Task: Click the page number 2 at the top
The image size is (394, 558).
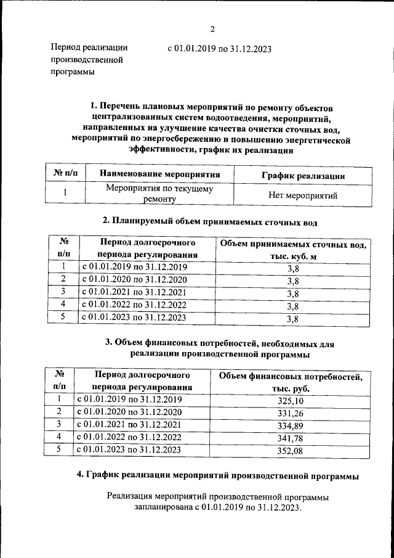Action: pyautogui.click(x=212, y=29)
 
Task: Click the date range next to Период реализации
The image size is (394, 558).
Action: pyautogui.click(x=219, y=49)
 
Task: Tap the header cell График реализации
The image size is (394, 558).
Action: pyautogui.click(x=302, y=176)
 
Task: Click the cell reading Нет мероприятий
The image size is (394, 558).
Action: pyautogui.click(x=302, y=196)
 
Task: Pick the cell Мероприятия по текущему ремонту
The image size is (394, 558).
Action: pyautogui.click(x=159, y=194)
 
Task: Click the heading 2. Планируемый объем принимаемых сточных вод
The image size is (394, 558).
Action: pyautogui.click(x=209, y=221)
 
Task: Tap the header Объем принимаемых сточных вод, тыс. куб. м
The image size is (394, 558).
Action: pyautogui.click(x=292, y=250)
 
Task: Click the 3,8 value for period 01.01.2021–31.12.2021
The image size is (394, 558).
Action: pyautogui.click(x=292, y=293)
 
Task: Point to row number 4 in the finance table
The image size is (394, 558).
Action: pyautogui.click(x=59, y=437)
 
